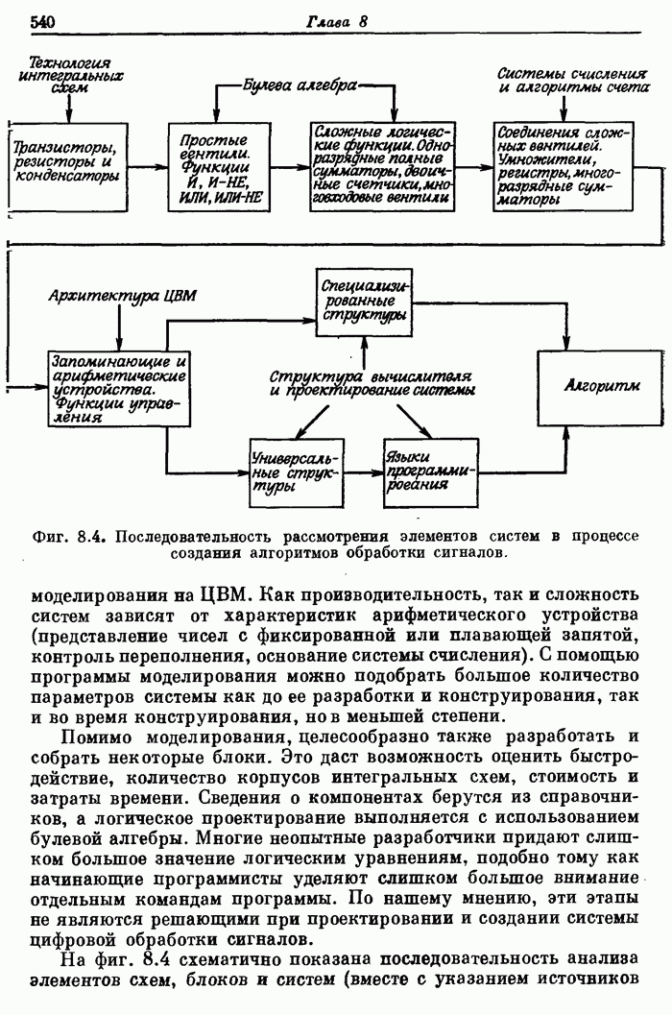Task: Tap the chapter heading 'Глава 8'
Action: point(338,21)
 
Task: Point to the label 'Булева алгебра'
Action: point(300,86)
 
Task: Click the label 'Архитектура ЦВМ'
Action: point(122,296)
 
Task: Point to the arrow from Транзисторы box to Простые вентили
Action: point(149,166)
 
